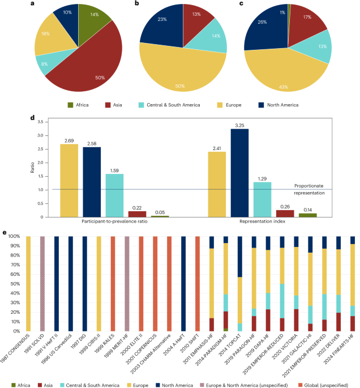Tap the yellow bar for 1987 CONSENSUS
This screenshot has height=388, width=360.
pyautogui.click(x=28, y=283)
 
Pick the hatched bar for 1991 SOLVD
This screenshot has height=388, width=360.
pyautogui.click(x=42, y=283)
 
